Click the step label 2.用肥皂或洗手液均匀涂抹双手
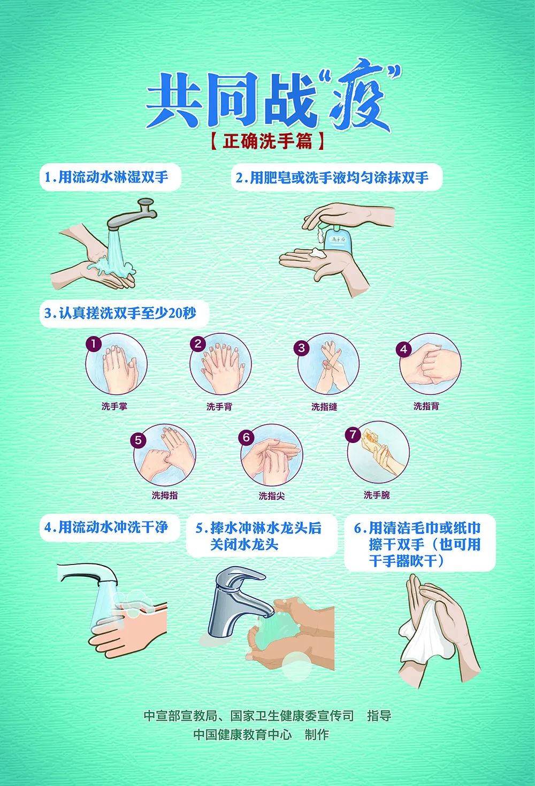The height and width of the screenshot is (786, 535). [x=332, y=178]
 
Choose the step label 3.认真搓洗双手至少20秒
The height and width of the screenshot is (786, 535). [x=120, y=313]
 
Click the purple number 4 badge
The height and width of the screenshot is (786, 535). [x=403, y=349]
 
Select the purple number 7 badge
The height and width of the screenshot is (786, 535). [x=353, y=434]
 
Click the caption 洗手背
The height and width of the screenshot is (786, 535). [x=219, y=407]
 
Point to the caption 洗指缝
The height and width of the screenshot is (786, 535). [x=324, y=407]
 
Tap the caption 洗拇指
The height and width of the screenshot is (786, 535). [x=165, y=495]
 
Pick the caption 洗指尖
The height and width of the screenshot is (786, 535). [x=272, y=496]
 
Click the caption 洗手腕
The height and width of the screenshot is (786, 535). [x=377, y=495]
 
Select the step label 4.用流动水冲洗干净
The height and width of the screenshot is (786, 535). [x=106, y=527]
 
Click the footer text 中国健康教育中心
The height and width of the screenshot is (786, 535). [x=242, y=735]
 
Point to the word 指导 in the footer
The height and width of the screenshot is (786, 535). [x=379, y=715]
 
